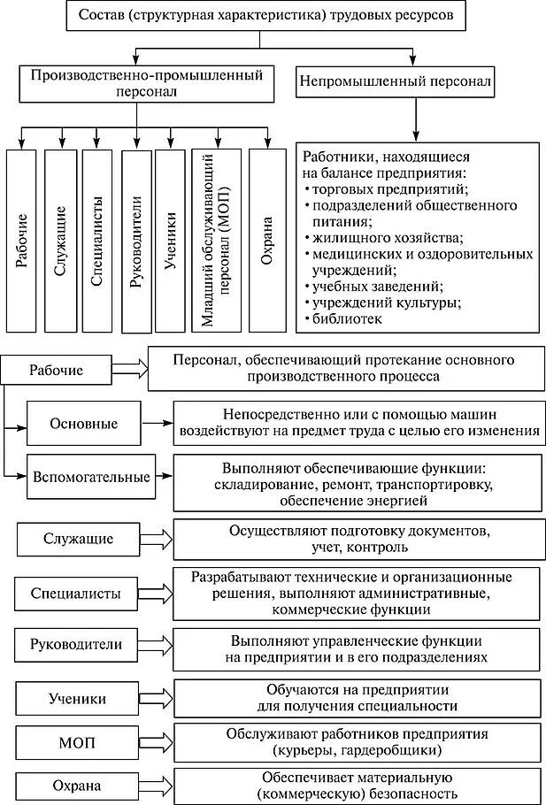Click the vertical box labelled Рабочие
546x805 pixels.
[x=22, y=239]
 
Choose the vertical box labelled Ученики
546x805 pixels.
[x=170, y=239]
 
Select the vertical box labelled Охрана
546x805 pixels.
[x=267, y=239]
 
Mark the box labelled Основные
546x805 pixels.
[x=84, y=424]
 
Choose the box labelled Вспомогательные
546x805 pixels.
[x=89, y=478]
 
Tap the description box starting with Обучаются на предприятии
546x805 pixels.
[x=358, y=697]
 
